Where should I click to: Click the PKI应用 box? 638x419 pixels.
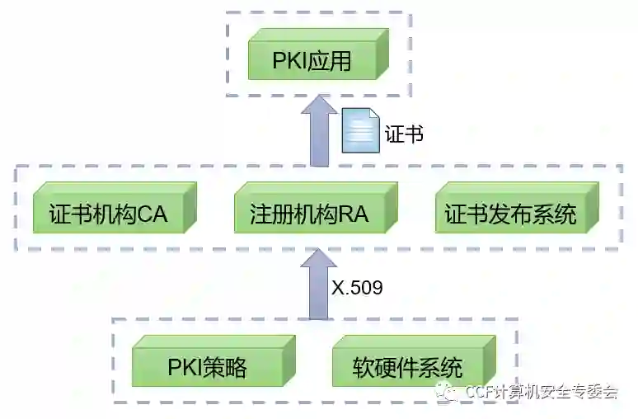pos(312,61)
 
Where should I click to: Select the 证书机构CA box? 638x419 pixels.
pos(108,214)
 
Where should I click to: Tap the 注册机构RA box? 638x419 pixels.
pos(309,214)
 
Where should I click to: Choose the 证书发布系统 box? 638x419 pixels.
pos(510,214)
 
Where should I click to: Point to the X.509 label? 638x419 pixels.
pos(358,288)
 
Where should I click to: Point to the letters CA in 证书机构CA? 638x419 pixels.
pos(152,215)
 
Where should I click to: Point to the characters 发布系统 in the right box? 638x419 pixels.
pos(529,215)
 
